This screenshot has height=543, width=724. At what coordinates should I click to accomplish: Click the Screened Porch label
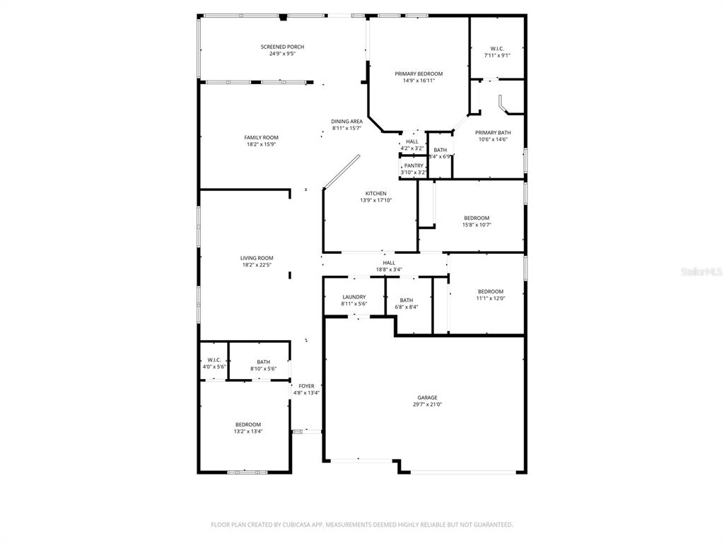282,47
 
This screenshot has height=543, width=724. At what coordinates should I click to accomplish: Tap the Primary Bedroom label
419,74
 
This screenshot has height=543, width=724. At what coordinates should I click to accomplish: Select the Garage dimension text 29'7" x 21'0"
428,404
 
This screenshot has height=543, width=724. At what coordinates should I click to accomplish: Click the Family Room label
261,138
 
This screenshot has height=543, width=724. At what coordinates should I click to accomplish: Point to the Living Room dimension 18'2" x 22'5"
257,265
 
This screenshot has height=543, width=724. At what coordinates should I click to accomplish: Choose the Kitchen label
375,194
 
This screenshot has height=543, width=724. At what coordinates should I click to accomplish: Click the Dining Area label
346,122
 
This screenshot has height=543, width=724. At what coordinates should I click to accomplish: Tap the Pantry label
414,165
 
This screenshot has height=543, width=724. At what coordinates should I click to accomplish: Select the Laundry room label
354,297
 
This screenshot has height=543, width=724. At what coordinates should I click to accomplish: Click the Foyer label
306,386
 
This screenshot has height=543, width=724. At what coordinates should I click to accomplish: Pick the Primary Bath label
493,132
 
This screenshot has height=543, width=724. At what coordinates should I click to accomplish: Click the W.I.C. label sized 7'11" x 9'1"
497,48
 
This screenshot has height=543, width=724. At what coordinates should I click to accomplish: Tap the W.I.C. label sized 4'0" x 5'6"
214,360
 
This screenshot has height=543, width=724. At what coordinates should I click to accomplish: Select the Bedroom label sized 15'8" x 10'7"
477,218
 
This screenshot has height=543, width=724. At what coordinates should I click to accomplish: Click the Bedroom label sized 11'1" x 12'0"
491,291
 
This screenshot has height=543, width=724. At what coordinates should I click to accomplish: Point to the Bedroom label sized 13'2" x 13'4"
248,424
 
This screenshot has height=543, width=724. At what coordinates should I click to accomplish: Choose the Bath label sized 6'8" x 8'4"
407,300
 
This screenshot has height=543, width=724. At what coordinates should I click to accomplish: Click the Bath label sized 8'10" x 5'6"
263,362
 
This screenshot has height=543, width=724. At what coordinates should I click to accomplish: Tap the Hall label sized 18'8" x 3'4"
389,262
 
